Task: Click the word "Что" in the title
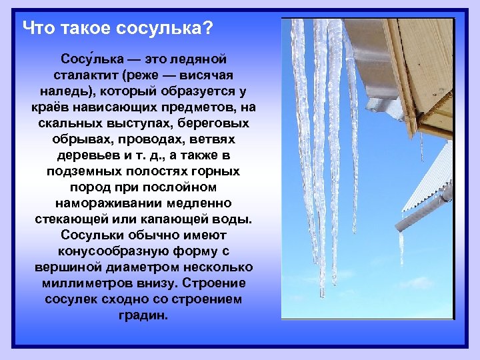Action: click(x=37, y=29)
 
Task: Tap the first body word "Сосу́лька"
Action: click(x=89, y=59)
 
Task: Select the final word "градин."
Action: click(x=144, y=315)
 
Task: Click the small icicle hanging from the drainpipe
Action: click(x=401, y=247)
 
